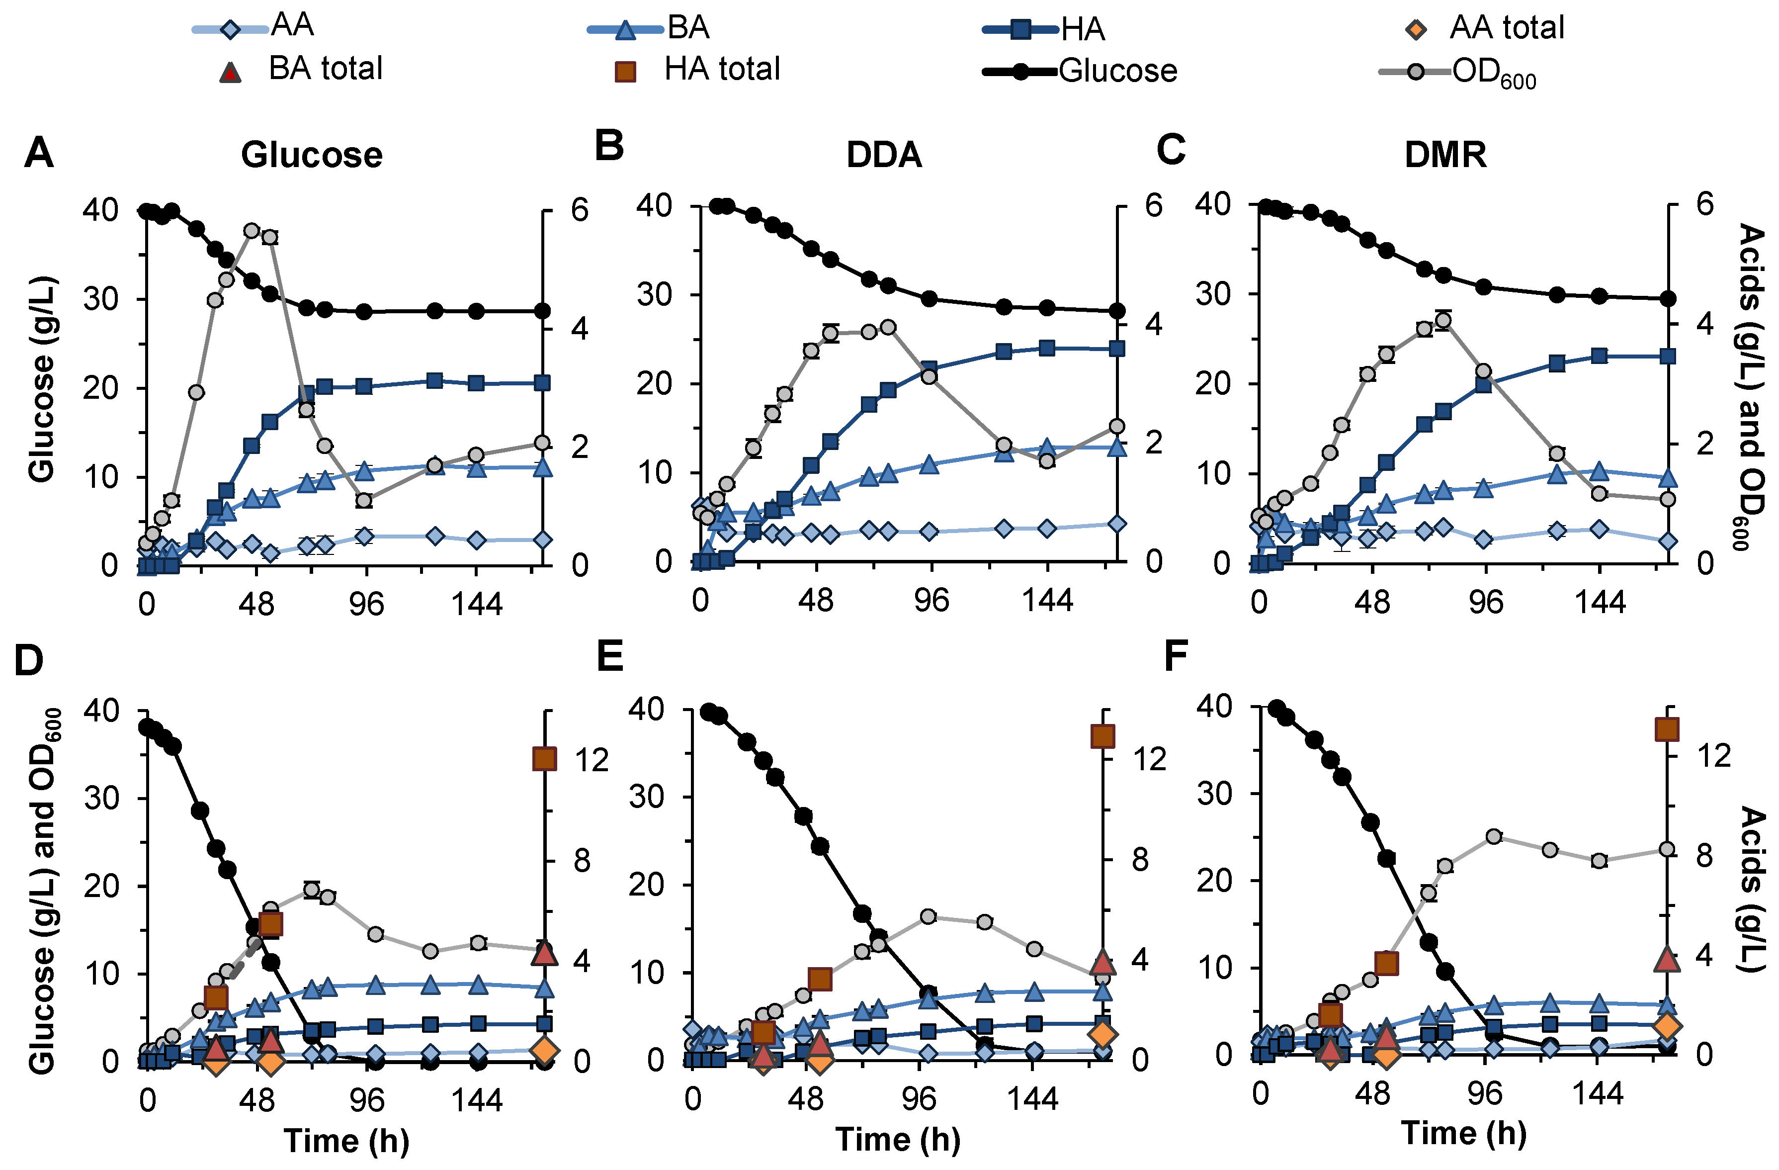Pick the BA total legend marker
pos(230,72)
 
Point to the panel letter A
pos(39,153)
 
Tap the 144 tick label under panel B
pos(1047,600)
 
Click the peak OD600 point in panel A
pos(252,230)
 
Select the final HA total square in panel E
pos(1102,736)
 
